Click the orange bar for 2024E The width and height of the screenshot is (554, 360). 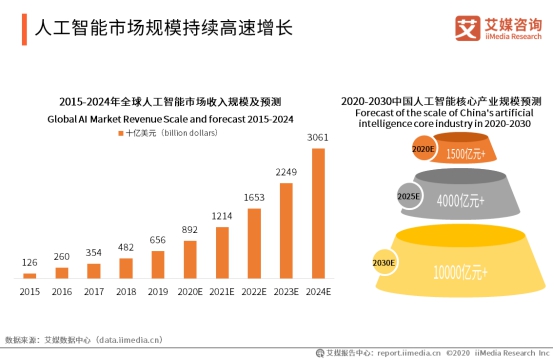(x=318, y=213)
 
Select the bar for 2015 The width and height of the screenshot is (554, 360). (x=30, y=275)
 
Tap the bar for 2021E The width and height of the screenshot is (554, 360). (x=222, y=252)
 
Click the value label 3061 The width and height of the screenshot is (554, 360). (x=318, y=138)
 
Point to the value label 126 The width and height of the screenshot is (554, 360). (x=30, y=263)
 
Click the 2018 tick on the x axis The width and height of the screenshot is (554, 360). (x=126, y=291)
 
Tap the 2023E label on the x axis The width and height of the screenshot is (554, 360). (x=286, y=291)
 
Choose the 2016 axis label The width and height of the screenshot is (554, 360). (x=62, y=291)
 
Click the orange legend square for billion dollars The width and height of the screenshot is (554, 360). (x=121, y=132)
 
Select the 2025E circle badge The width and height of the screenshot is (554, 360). (x=408, y=196)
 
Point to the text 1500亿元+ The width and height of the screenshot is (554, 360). (x=467, y=154)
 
